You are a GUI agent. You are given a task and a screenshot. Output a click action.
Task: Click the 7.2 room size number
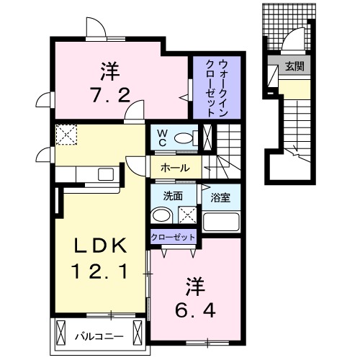click(110, 94)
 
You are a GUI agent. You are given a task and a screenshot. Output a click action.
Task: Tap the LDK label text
click(102, 247)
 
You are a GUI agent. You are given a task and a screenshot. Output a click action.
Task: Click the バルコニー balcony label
click(99, 336)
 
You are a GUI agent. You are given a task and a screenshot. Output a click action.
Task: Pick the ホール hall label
click(175, 168)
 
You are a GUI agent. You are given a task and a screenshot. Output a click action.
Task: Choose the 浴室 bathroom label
click(220, 197)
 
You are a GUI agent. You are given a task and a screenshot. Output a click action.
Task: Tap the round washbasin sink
click(162, 215)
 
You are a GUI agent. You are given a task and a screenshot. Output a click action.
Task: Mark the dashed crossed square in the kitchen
click(66, 134)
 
